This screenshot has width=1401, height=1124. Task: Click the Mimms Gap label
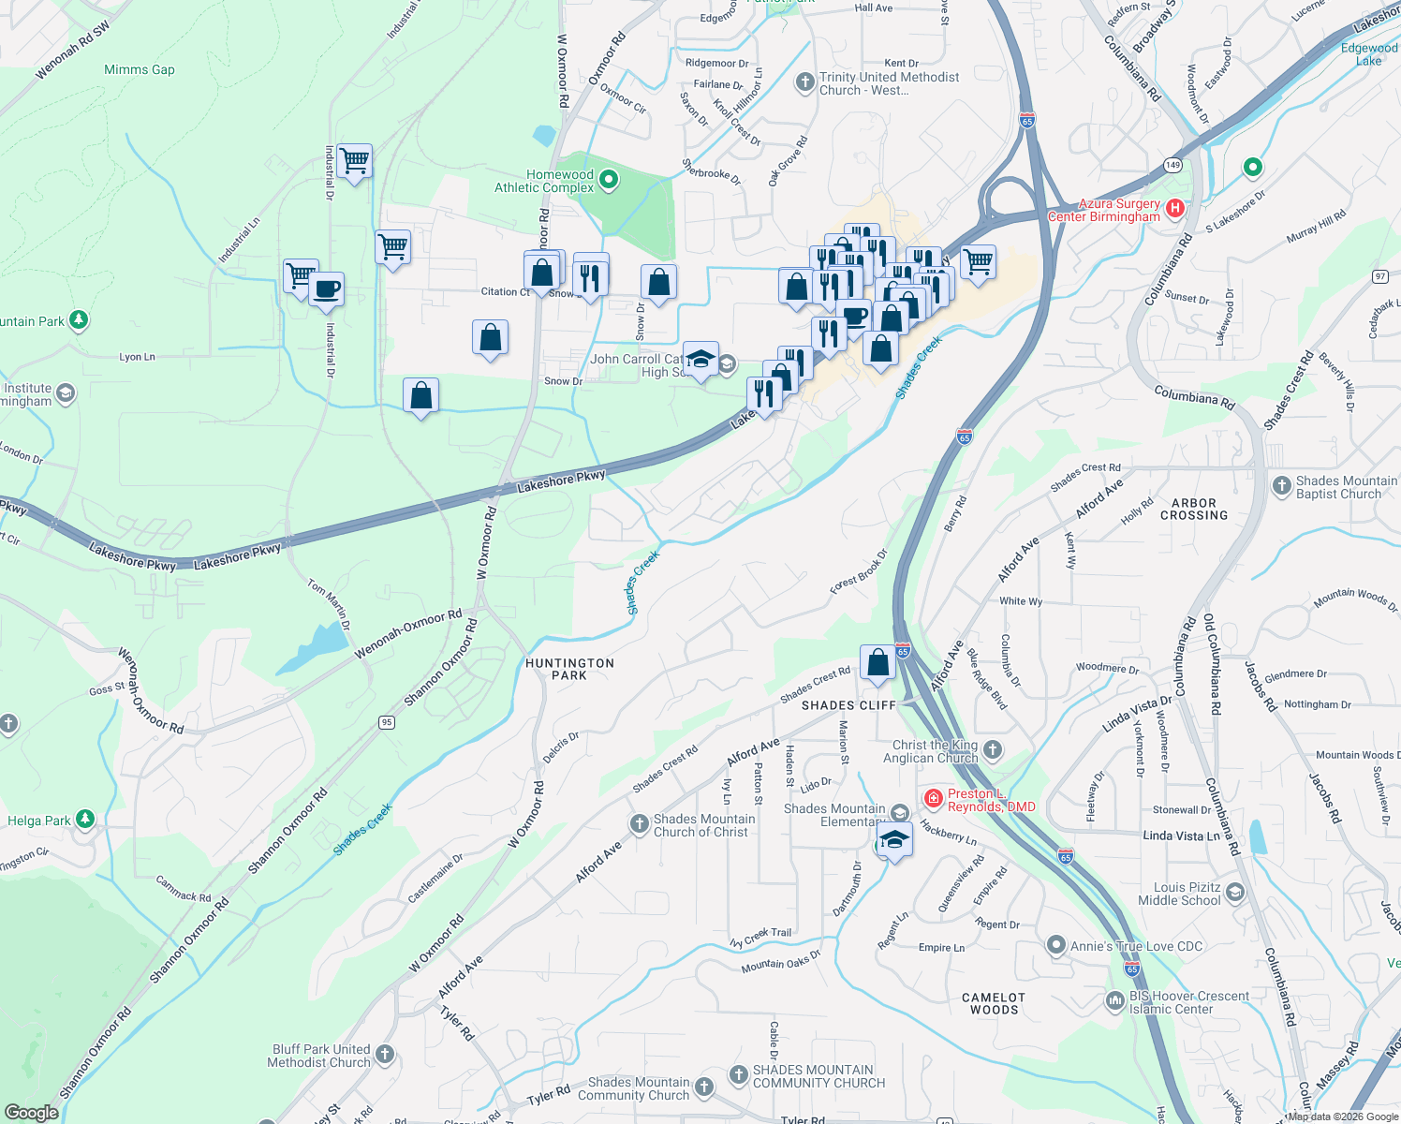pos(139,69)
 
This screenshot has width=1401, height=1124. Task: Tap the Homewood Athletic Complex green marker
pos(609,178)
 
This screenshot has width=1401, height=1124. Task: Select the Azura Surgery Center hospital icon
pos(1176,208)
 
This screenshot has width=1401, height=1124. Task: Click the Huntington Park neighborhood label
pos(569,669)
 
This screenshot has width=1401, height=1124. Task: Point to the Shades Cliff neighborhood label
pos(848,705)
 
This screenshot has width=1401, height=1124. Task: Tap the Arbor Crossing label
pos(1194,510)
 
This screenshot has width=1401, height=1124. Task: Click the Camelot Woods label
pos(994,1004)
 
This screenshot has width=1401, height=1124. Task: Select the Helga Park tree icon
pos(85,820)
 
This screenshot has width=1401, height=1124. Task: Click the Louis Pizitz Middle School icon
pos(1234,892)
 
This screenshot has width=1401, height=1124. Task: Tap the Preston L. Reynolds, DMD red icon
pos(933,798)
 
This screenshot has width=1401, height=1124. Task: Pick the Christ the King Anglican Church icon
pos(993,749)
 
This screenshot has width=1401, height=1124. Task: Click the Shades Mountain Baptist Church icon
pos(1281,485)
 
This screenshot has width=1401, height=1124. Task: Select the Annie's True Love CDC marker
pos(1056,945)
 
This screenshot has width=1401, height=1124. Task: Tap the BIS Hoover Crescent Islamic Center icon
pos(1114,1001)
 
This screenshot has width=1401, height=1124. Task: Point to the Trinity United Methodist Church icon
pos(804,82)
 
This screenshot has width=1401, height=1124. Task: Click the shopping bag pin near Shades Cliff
pos(877,663)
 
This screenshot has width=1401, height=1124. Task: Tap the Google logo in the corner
pos(31,1112)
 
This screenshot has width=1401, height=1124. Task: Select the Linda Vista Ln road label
pos(1181,836)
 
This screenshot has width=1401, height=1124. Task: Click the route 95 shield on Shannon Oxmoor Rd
pos(387,722)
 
